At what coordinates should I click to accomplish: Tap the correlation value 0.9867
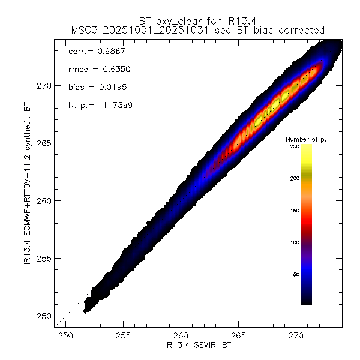tap(112, 52)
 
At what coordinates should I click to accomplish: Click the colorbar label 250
tap(295, 146)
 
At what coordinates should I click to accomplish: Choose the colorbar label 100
tap(295, 242)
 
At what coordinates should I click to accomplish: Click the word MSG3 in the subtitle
tap(83, 29)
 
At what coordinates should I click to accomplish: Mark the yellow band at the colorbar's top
tap(306, 153)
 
